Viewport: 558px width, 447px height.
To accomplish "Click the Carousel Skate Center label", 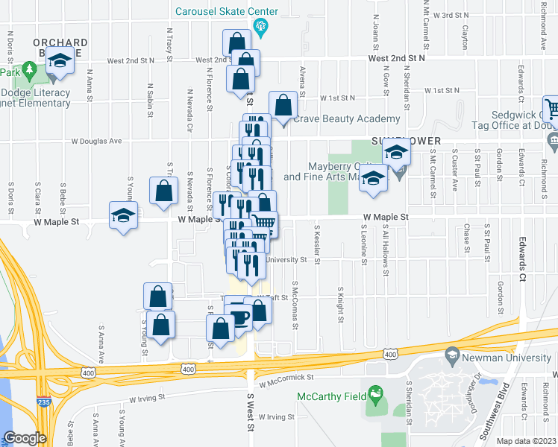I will click(x=216, y=12).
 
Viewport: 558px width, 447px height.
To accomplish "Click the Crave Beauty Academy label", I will click(x=346, y=119).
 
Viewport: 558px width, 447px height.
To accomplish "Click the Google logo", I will click(x=25, y=438).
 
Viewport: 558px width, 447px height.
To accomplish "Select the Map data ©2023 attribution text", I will click(x=527, y=441).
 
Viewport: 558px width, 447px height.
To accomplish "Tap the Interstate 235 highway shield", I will click(x=42, y=402).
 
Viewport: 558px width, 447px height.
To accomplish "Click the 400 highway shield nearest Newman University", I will click(x=389, y=355).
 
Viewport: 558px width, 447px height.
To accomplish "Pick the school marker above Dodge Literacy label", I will click(x=60, y=62).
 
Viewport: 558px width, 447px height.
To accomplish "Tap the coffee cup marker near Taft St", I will click(x=239, y=317).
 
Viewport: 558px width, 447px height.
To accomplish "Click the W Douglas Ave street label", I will click(x=96, y=140).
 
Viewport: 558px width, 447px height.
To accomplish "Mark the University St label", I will click(x=286, y=260).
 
